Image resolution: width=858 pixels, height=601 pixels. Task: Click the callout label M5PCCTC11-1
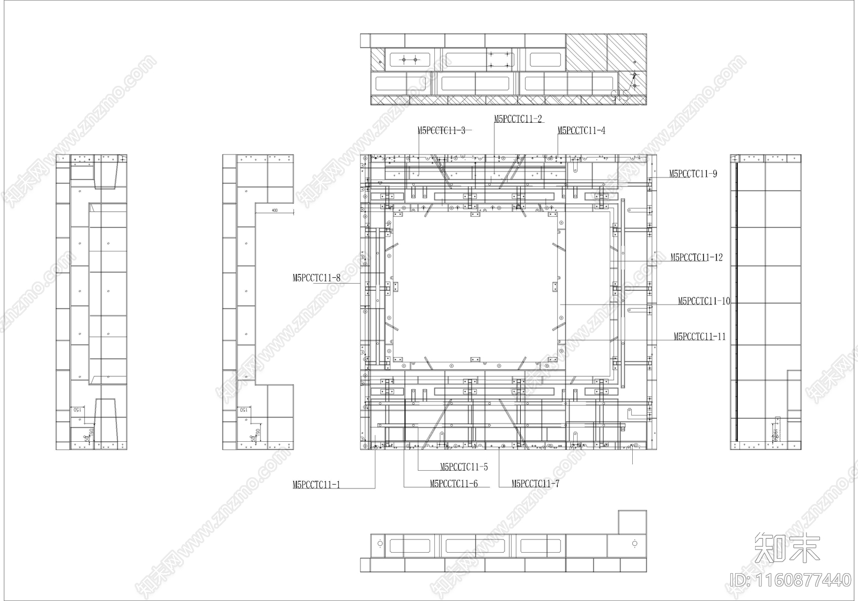[316, 485]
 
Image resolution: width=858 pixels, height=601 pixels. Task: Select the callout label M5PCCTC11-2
[517, 119]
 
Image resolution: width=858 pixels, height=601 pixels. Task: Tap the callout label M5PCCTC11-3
[441, 130]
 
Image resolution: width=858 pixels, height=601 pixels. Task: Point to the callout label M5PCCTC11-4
[581, 130]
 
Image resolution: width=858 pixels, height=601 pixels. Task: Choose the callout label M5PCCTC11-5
[464, 467]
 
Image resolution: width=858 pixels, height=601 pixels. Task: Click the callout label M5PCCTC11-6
[454, 484]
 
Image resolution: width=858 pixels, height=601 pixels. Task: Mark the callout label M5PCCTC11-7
[535, 484]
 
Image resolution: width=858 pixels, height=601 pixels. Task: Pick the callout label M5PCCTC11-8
[316, 278]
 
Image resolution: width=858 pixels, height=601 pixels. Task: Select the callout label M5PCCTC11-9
[693, 174]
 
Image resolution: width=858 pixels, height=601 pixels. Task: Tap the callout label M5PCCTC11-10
[704, 301]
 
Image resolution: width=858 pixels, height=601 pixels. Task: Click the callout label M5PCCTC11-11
[699, 337]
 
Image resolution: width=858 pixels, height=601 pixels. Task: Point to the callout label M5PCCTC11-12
[696, 257]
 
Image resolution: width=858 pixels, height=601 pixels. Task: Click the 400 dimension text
[275, 211]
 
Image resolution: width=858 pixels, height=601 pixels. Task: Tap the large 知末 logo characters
[787, 547]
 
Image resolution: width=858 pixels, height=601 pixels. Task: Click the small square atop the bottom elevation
[632, 522]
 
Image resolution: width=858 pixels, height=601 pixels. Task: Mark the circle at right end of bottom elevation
[634, 544]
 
